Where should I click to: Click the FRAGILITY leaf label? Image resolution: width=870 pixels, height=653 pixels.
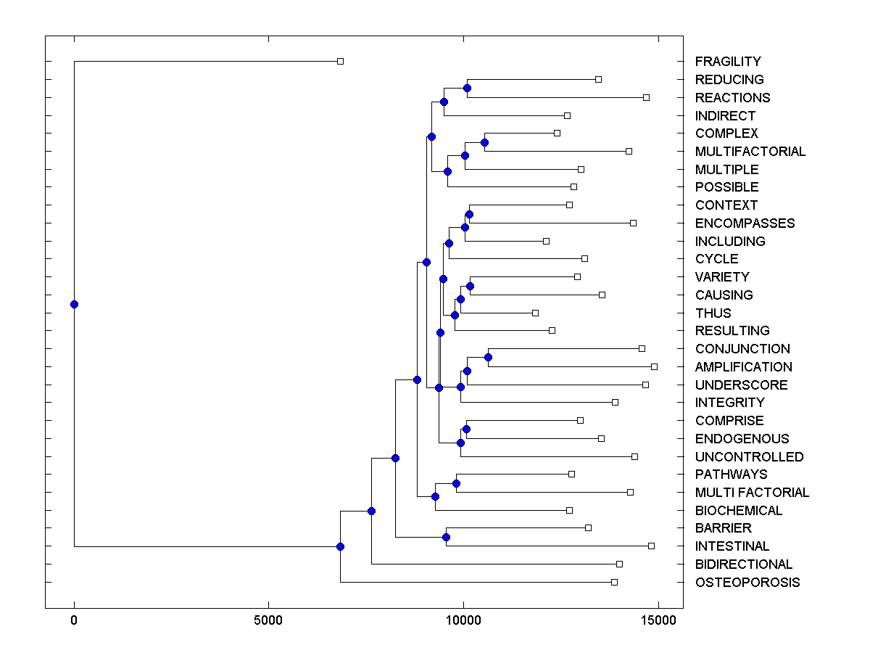pyautogui.click(x=728, y=62)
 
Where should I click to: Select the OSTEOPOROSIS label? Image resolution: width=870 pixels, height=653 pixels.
pyautogui.click(x=747, y=583)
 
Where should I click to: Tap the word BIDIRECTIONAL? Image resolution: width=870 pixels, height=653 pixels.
pyautogui.click(x=744, y=564)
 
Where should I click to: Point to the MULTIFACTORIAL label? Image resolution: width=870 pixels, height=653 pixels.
pyautogui.click(x=750, y=152)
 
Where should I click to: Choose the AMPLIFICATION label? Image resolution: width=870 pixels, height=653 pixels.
pyautogui.click(x=744, y=367)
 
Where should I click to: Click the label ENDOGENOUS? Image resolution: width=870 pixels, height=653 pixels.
pyautogui.click(x=742, y=439)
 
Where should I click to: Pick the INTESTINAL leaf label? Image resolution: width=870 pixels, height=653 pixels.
pyautogui.click(x=732, y=546)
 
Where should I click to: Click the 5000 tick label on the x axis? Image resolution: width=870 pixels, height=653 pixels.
pyautogui.click(x=268, y=620)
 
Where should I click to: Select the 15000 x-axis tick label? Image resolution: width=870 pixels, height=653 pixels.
pyautogui.click(x=658, y=620)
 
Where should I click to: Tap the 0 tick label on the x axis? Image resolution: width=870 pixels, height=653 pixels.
pyautogui.click(x=74, y=620)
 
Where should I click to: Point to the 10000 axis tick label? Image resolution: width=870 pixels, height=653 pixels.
pyautogui.click(x=463, y=620)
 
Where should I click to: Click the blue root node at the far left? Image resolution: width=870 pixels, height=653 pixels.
pyautogui.click(x=74, y=304)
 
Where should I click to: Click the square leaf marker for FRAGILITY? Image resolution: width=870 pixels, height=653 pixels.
pyautogui.click(x=340, y=61)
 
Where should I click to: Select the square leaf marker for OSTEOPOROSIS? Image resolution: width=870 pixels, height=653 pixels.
pyautogui.click(x=614, y=582)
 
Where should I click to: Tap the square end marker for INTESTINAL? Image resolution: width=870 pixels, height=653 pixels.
pyautogui.click(x=651, y=546)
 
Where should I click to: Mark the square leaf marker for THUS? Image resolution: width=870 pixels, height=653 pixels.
pyautogui.click(x=535, y=313)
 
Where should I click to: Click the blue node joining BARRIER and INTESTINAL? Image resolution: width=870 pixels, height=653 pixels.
pyautogui.click(x=446, y=537)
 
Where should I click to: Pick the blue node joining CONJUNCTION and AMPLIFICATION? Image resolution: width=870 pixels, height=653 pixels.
pyautogui.click(x=488, y=357)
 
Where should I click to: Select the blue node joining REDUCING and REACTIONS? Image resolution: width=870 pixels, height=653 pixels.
pyautogui.click(x=467, y=88)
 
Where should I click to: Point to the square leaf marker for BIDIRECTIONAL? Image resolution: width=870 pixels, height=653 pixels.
pyautogui.click(x=619, y=564)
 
